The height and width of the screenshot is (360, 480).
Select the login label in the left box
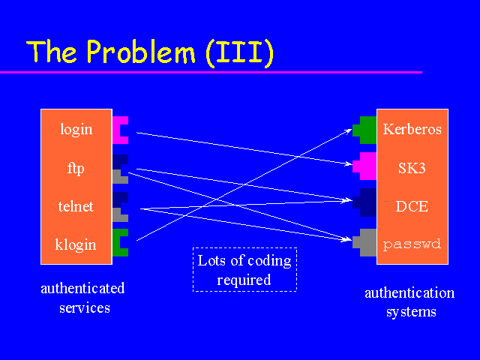(x=76, y=129)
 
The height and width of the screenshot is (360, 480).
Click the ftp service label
(x=76, y=168)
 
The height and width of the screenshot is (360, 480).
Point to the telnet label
(x=76, y=206)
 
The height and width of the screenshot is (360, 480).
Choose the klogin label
(x=76, y=244)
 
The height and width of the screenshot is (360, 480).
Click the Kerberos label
(x=412, y=129)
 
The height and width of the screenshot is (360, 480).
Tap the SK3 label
(x=412, y=168)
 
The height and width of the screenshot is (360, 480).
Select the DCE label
(x=412, y=206)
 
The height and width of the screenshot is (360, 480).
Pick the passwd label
(x=412, y=244)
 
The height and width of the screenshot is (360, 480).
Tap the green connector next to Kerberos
(x=367, y=130)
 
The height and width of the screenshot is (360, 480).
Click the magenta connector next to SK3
(x=367, y=166)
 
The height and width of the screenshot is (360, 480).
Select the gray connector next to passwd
(x=367, y=242)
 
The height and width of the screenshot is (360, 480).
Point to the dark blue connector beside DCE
(x=367, y=203)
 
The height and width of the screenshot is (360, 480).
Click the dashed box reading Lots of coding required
(x=244, y=269)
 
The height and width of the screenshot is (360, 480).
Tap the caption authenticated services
(x=82, y=298)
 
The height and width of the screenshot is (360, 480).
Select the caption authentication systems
(x=409, y=301)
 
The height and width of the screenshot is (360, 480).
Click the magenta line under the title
(x=210, y=72)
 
